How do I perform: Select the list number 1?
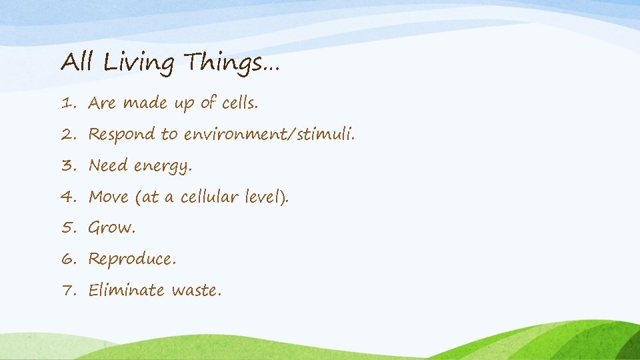[x=67, y=103]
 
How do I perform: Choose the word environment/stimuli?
[x=269, y=135]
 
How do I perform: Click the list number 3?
[x=68, y=165]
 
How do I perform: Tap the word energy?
[x=163, y=166]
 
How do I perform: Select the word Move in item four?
[x=108, y=197]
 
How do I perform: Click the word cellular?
[x=210, y=197]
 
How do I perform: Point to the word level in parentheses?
[x=265, y=197]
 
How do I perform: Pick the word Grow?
[x=111, y=228]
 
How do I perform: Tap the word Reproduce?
[x=132, y=259]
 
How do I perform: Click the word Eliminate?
[x=126, y=290]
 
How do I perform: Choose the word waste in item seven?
[x=196, y=291]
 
